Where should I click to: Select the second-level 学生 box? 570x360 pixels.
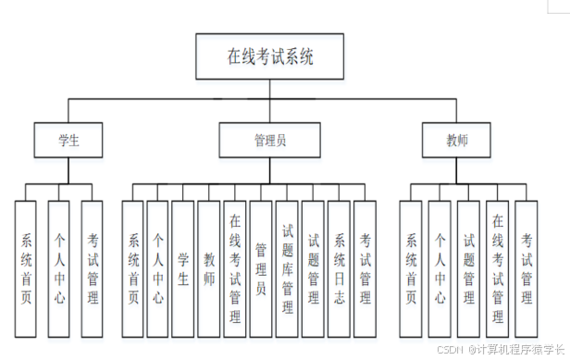[x=68, y=141]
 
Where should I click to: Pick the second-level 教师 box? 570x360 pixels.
[x=457, y=141]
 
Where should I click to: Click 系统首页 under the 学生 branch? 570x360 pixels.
[x=27, y=269]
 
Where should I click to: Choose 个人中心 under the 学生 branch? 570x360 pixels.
[x=59, y=269]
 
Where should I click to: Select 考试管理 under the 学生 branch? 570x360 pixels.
[x=92, y=269]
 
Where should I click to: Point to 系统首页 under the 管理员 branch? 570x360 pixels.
[x=134, y=269]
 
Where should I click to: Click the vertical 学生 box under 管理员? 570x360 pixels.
[x=183, y=269]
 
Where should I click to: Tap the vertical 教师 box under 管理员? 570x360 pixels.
[x=209, y=269]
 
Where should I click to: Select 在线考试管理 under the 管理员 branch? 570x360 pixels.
[x=235, y=269]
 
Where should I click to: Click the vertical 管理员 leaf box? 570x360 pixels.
[x=261, y=269]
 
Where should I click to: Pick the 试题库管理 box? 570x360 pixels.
[x=287, y=269]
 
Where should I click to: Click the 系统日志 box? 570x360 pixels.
[x=340, y=269]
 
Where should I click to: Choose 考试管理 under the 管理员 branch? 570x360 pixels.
[x=366, y=269]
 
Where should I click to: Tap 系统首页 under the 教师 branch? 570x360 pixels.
[x=411, y=269]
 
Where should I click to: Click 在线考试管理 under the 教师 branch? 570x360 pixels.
[x=498, y=269]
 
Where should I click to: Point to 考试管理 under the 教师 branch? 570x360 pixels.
[x=527, y=269]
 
